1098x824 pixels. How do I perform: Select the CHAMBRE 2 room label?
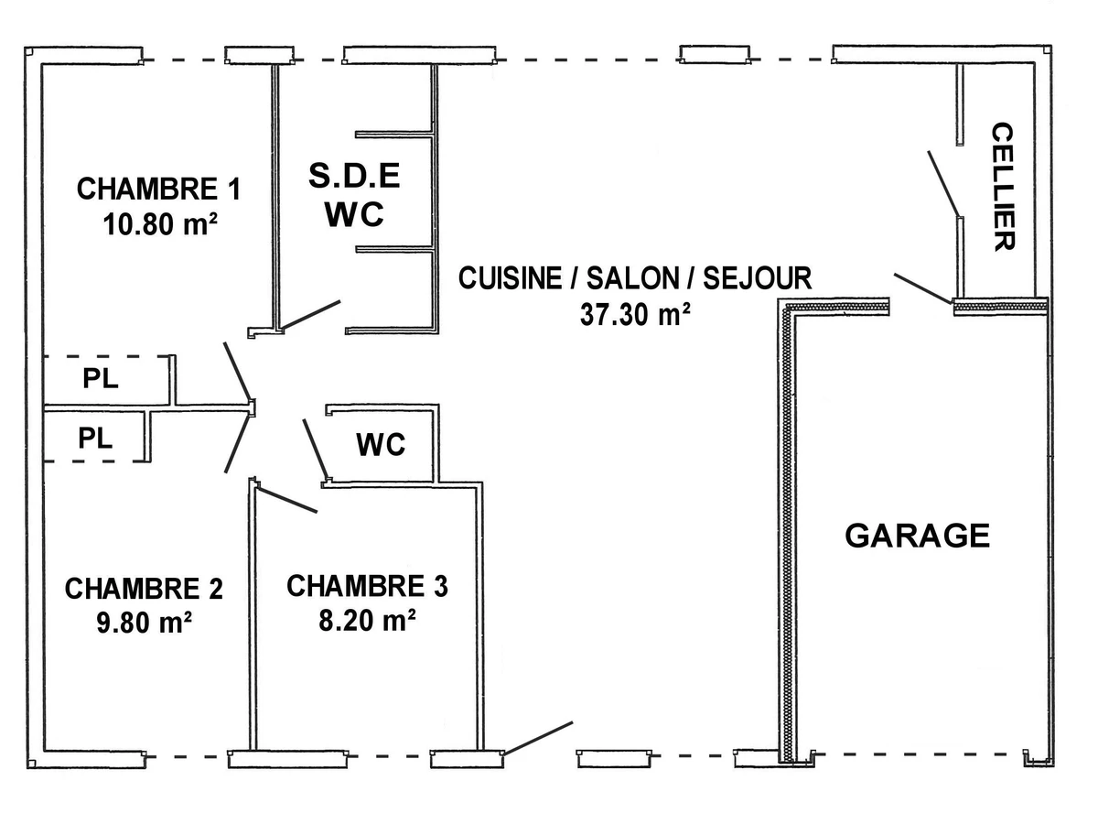click(144, 588)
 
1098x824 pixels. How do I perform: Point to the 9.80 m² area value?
click(144, 623)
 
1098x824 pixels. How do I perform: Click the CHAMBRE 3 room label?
click(367, 586)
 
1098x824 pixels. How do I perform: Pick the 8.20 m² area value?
click(369, 620)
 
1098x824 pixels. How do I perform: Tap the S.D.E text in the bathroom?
click(355, 176)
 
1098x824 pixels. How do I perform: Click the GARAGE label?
click(917, 536)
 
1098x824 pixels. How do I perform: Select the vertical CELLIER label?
click(1003, 187)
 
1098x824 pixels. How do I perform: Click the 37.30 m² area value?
click(634, 314)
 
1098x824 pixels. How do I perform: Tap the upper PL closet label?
click(100, 379)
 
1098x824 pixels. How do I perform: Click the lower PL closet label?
click(95, 438)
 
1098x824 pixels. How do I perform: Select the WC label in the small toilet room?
click(381, 446)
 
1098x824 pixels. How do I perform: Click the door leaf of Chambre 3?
click(287, 499)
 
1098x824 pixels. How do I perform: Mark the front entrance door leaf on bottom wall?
click(538, 738)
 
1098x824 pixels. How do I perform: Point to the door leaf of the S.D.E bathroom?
click(311, 314)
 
